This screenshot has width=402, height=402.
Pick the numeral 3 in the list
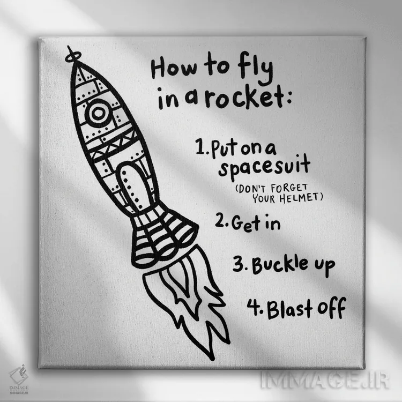pyautogui.click(x=239, y=264)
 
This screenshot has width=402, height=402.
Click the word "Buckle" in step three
pyautogui.click(x=279, y=264)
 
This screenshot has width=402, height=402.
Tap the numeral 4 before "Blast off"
pyautogui.click(x=254, y=307)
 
